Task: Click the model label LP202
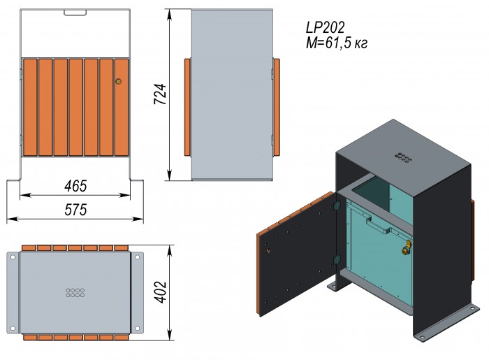326,27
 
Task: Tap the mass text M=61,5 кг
337,43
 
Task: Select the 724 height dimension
160,94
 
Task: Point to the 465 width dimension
75,186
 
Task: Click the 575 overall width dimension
75,210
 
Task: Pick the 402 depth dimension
161,292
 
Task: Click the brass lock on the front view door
118,82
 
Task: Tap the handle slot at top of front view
75,12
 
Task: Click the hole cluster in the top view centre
75,293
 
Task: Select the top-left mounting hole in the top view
13,257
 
